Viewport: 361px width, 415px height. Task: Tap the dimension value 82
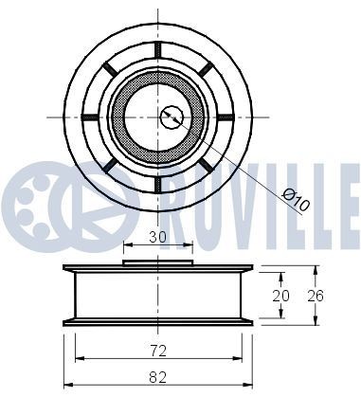pyautogui.click(x=157, y=377)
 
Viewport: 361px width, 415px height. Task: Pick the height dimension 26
pyautogui.click(x=316, y=295)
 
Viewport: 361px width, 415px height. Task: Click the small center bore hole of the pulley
pyautogui.click(x=171, y=117)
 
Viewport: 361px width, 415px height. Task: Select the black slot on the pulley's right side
pyautogui.click(x=226, y=117)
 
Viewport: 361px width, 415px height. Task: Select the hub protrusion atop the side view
pyautogui.click(x=157, y=262)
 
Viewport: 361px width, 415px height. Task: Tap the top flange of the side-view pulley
pyautogui.click(x=157, y=268)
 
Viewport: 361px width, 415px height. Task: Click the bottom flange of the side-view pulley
pyautogui.click(x=157, y=322)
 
